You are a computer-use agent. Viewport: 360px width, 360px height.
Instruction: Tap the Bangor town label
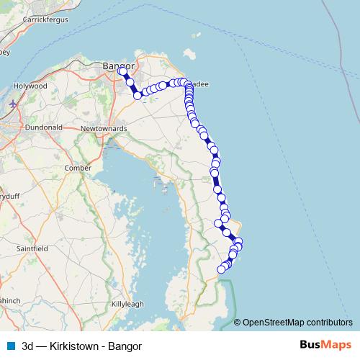pos(114,65)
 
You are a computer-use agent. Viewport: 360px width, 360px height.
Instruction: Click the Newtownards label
pos(104,128)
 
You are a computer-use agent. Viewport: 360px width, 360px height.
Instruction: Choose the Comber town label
pos(78,167)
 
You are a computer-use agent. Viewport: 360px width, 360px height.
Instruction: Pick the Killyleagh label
pos(127,304)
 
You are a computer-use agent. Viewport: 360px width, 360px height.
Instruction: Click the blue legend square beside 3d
pos(11,346)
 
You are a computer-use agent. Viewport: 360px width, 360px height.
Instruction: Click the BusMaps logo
pos(325,345)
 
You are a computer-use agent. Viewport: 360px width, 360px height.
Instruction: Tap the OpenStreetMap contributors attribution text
pos(298,322)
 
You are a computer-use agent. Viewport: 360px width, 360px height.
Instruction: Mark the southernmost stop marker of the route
pos(222,269)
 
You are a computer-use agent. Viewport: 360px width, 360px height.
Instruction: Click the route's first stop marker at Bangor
pos(122,71)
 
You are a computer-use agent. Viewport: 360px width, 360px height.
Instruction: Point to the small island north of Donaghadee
pos(191,55)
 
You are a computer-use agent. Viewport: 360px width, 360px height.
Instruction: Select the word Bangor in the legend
pos(125,346)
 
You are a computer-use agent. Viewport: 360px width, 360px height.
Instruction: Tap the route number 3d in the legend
pos(30,346)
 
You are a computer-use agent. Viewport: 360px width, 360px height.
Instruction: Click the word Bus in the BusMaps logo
pos(311,345)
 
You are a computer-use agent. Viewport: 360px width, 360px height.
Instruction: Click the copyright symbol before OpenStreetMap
pos(238,322)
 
